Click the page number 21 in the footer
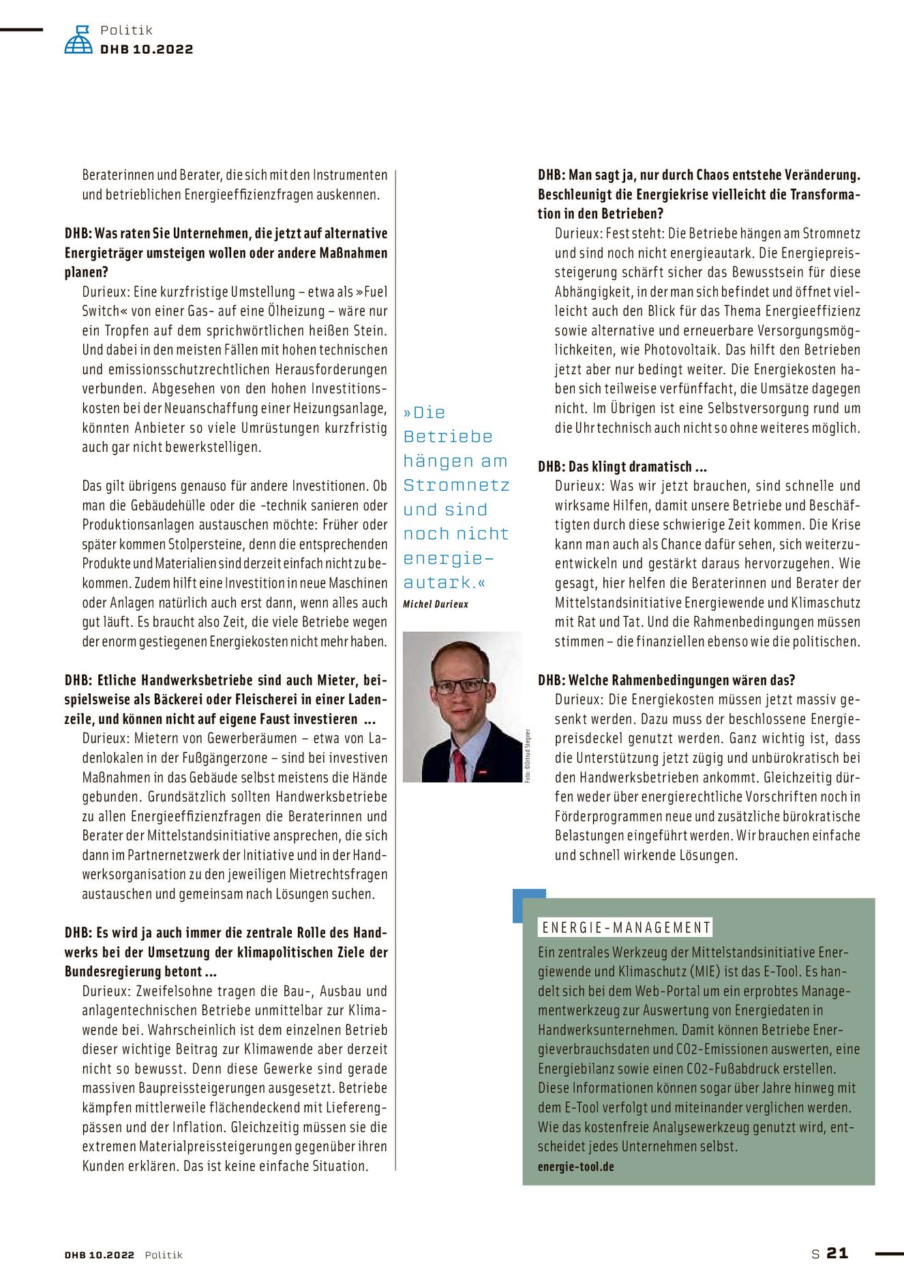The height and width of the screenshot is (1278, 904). point(837,1253)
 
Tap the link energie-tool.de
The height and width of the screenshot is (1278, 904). point(575,1166)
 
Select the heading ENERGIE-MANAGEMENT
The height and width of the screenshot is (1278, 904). point(626,927)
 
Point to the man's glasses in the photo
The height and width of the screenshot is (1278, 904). point(460,686)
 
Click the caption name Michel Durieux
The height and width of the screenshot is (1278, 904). point(436,604)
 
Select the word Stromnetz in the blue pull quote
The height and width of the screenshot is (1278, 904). point(456,485)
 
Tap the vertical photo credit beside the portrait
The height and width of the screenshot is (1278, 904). point(527,755)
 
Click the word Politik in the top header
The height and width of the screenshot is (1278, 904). point(126,30)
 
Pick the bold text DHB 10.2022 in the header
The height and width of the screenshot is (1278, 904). point(147,49)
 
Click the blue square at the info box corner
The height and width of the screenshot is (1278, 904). point(529,904)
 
